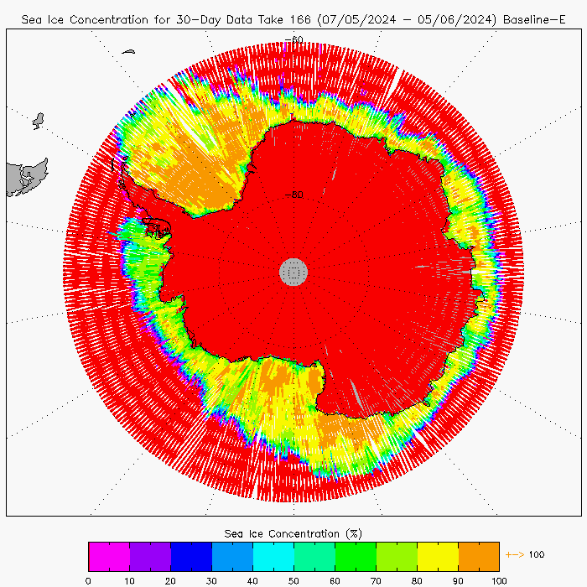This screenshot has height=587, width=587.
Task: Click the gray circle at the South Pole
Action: pos(293,271)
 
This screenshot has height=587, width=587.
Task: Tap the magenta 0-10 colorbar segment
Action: pos(109,556)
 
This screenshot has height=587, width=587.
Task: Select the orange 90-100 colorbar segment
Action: pos(479,556)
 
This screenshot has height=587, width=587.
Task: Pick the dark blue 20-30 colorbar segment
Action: pos(191,556)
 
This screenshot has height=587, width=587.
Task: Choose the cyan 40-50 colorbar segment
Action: pos(273,556)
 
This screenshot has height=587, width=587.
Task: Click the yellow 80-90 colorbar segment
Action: pos(438,556)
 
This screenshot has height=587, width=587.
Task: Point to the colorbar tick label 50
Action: pos(293,579)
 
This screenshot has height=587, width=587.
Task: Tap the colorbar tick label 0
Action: pos(88,579)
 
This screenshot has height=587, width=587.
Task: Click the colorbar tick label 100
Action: pos(499,579)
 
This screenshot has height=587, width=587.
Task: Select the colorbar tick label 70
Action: pos(376,579)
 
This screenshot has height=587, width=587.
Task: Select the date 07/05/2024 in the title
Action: pos(354,18)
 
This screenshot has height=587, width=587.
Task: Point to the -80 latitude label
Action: pos(293,195)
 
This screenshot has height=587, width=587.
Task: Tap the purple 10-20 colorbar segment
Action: pos(150,556)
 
